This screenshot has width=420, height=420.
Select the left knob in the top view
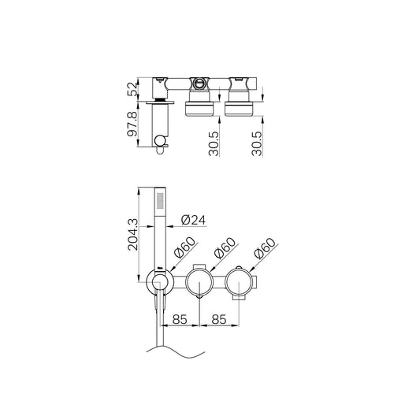[196, 106]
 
